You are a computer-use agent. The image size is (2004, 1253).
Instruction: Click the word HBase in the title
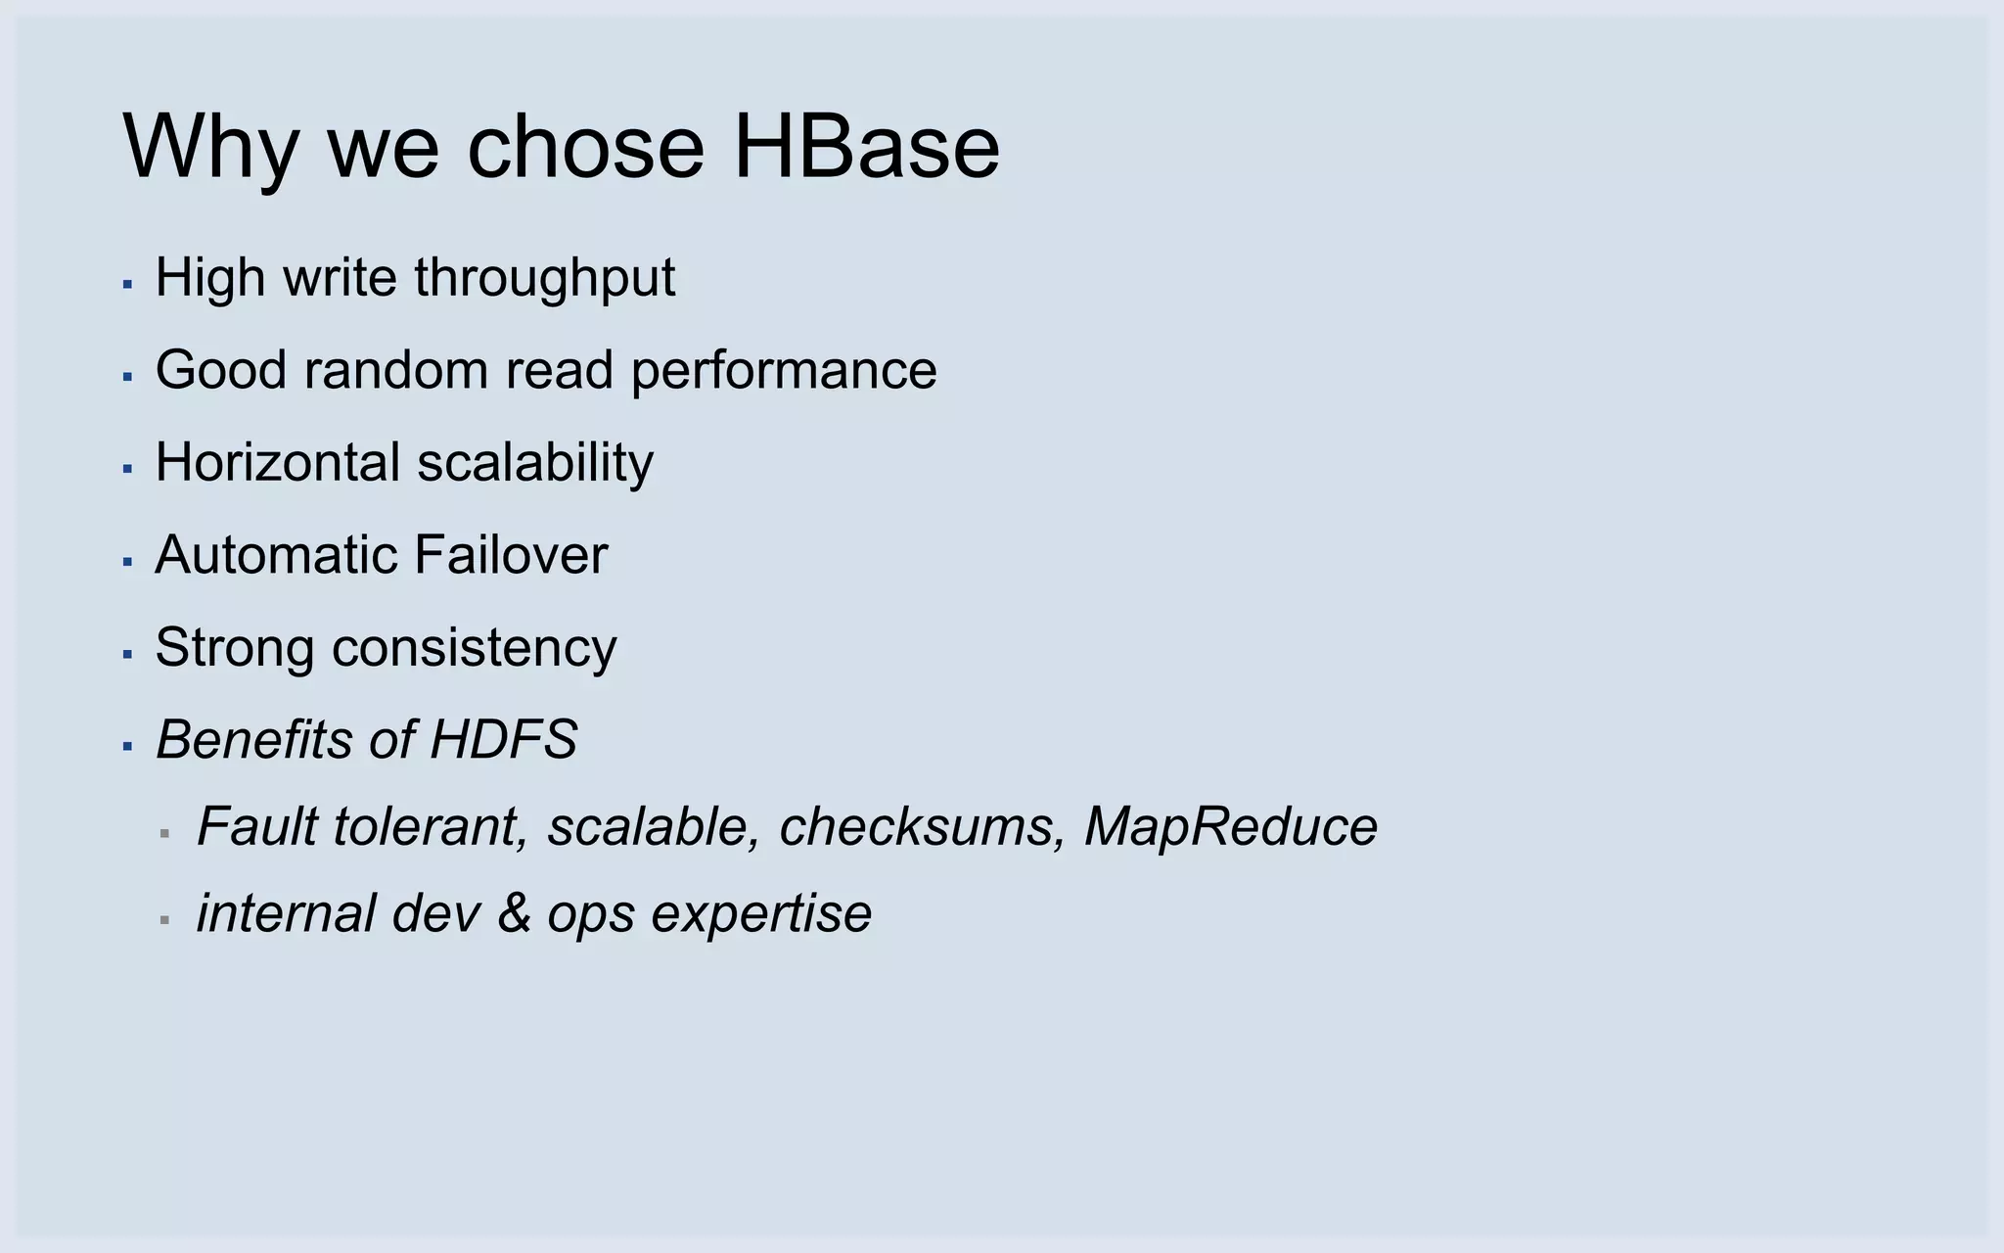866,147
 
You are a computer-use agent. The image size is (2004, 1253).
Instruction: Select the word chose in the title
585,147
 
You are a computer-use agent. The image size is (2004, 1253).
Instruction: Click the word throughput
544,278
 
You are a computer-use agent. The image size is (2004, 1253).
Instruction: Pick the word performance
783,370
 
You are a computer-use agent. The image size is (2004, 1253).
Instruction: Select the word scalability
535,462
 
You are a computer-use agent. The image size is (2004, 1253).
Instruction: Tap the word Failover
510,555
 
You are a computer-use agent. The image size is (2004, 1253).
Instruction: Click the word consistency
475,648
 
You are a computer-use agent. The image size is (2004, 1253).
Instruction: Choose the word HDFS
503,739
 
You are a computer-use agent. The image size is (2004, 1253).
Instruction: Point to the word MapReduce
1230,826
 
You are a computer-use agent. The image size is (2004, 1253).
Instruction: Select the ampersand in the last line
514,913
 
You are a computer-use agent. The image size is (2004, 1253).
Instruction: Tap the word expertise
761,913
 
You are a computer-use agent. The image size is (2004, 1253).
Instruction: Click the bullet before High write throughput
127,284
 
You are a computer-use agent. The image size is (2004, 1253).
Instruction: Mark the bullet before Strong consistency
127,654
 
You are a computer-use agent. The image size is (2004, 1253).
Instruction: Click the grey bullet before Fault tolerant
164,834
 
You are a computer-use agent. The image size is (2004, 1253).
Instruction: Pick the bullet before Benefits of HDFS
127,746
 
